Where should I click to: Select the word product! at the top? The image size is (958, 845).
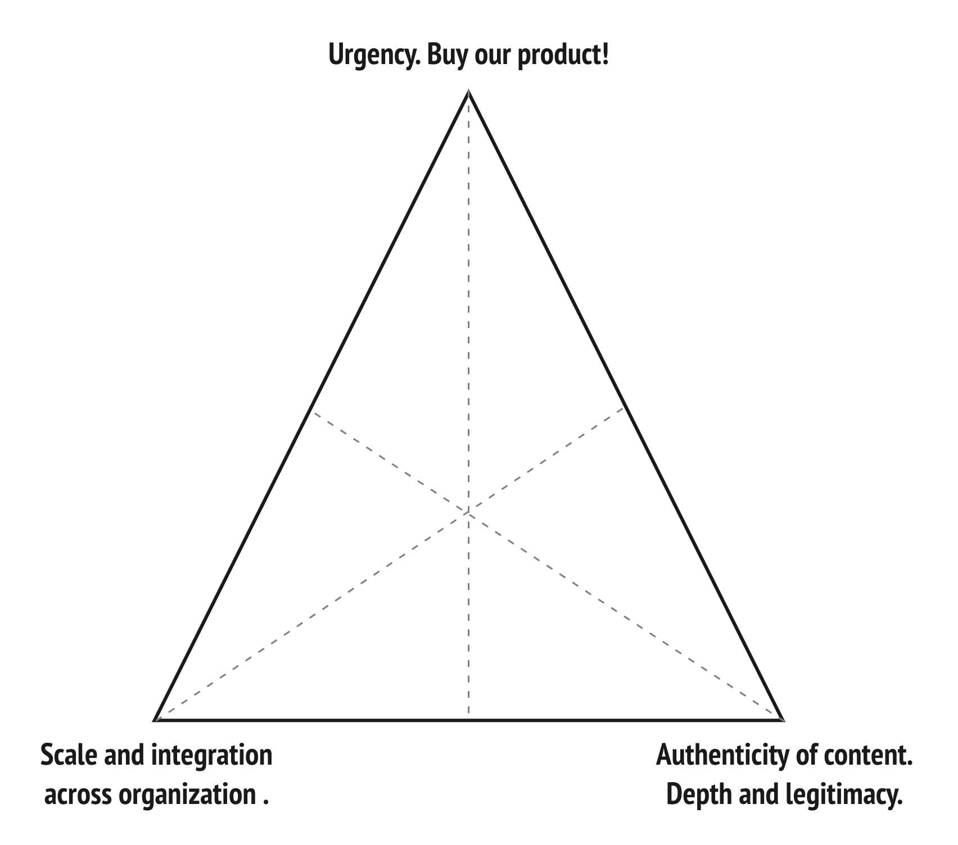pos(563,57)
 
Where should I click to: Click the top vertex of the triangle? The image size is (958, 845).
pos(468,92)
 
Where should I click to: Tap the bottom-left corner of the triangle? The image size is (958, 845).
pos(155,719)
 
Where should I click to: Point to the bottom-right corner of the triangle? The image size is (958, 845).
pos(782,719)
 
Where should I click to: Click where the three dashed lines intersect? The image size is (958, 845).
pos(468,512)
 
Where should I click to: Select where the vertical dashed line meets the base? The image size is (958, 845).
pos(468,719)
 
